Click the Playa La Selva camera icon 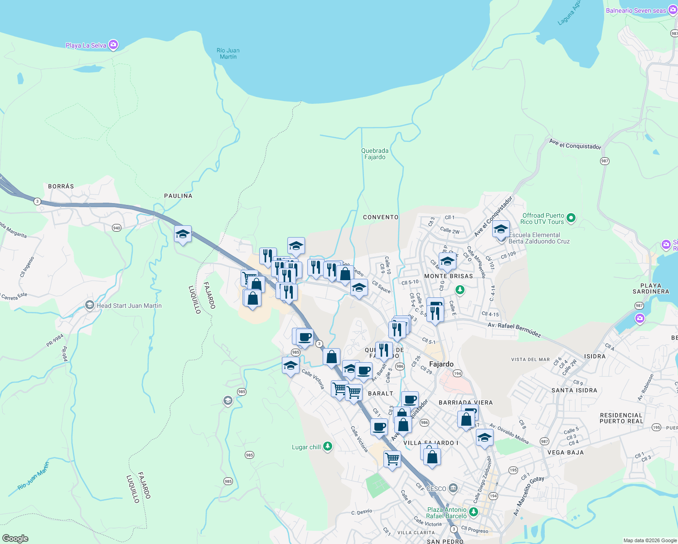coord(113,45)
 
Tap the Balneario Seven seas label coord(635,10)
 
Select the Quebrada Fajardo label coord(375,154)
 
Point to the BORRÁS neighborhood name coord(61,186)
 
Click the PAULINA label coord(178,196)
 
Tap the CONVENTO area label coord(381,217)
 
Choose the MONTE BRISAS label coord(448,276)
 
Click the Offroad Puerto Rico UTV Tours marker coord(571,218)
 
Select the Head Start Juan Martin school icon coord(90,305)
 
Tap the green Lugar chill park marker coord(327,447)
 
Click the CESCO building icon coord(453,488)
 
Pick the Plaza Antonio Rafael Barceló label coord(446,513)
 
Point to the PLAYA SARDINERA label coord(651,289)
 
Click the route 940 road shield coord(116,228)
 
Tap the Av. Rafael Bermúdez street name coord(514,330)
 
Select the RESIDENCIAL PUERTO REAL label coord(621,418)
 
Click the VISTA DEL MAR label coord(530,359)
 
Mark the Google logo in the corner coord(15,538)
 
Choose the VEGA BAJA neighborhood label coord(565,452)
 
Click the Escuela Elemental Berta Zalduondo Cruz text coord(539,238)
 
